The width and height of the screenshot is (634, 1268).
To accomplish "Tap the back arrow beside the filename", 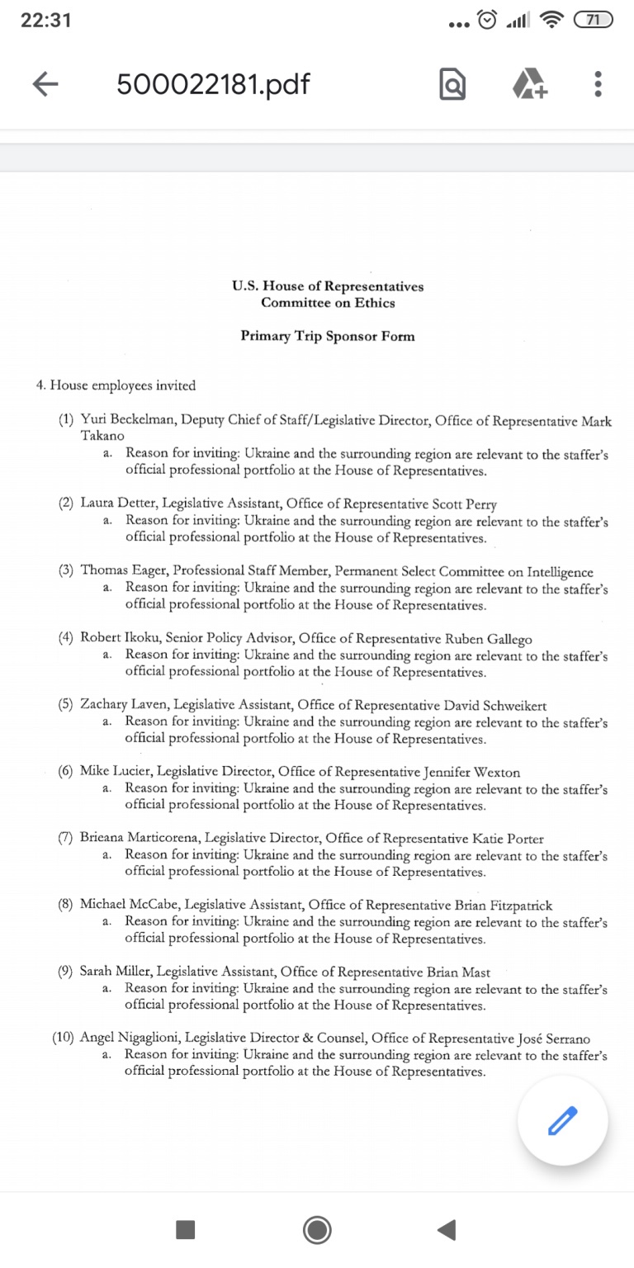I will tap(45, 83).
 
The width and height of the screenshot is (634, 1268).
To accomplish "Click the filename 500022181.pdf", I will tap(213, 83).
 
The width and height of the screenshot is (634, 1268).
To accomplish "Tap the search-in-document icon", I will tap(452, 84).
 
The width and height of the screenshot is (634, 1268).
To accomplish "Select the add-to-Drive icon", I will tap(529, 83).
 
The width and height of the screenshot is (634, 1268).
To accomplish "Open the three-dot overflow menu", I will tap(598, 83).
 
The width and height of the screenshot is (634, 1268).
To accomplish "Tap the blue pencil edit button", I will tap(563, 1120).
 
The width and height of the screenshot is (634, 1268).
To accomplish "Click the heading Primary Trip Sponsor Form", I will tap(328, 336).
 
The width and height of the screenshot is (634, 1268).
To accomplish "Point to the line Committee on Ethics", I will tap(328, 303).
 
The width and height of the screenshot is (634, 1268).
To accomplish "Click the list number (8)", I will tap(65, 905).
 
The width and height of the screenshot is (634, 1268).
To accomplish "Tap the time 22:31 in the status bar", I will tap(46, 21).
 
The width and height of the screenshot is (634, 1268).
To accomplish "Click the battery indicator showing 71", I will tap(594, 21).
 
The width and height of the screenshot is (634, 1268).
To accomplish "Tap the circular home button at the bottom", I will tap(317, 1230).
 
